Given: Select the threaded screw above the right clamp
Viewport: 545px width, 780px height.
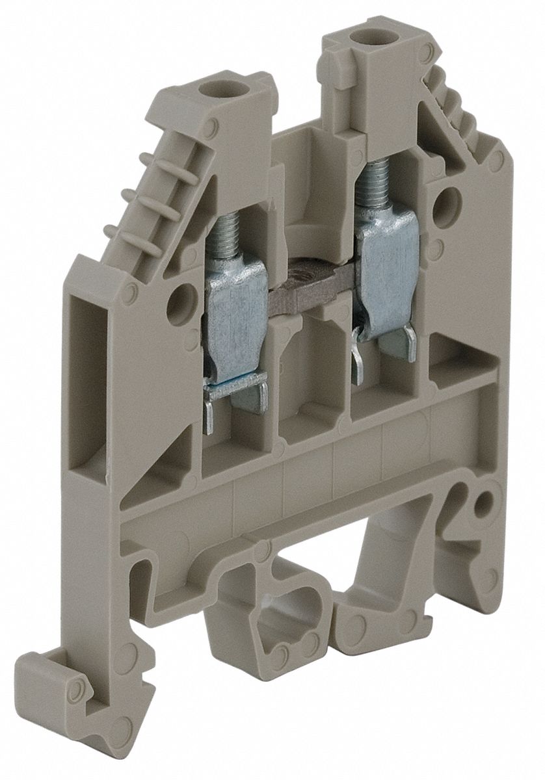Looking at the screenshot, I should coord(373,183).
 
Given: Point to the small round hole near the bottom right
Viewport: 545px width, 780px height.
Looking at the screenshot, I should coord(484,502).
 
